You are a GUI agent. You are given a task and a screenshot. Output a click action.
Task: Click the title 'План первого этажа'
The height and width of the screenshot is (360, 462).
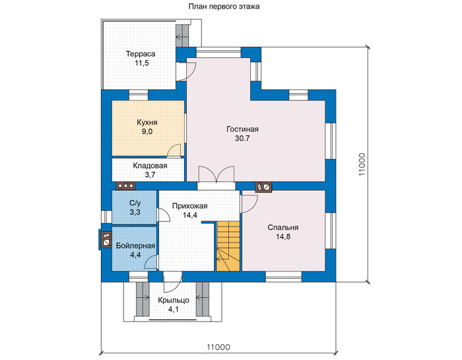tap(224, 7)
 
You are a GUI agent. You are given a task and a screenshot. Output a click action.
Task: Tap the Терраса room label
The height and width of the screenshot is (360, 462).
tap(141, 54)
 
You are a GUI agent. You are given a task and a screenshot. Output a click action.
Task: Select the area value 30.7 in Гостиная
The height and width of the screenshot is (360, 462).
tap(242, 138)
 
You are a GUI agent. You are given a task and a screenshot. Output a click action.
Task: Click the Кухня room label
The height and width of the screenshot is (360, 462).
tap(147, 122)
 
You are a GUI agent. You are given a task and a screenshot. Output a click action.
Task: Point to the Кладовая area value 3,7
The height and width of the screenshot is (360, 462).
tap(150, 175)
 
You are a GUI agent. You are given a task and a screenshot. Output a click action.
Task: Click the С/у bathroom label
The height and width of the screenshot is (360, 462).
tap(135, 203)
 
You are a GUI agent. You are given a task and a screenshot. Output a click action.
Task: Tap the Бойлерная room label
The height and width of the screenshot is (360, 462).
tap(135, 246)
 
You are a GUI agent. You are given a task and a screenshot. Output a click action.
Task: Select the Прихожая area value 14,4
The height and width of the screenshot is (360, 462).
tap(190, 215)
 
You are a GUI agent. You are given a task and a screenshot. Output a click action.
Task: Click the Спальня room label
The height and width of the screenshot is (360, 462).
tap(283, 228)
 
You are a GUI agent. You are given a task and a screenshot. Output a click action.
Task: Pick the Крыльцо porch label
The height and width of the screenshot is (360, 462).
tap(174, 301)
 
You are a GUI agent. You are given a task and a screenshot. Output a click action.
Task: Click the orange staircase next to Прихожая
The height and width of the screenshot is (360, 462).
tap(228, 246)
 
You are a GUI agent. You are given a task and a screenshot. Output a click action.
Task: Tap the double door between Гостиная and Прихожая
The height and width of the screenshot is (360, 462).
tap(216, 174)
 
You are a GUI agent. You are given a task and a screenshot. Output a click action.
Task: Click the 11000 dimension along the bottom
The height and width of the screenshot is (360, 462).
tap(218, 347)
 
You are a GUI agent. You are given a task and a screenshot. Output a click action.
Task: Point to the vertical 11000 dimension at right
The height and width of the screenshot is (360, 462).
tap(362, 164)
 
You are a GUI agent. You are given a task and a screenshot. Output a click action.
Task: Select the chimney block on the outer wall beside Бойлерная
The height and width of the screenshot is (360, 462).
tap(106, 239)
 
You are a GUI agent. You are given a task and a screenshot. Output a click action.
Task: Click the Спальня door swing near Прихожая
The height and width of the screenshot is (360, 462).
tap(249, 204)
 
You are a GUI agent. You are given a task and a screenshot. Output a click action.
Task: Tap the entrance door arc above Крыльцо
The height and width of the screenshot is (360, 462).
tap(173, 283)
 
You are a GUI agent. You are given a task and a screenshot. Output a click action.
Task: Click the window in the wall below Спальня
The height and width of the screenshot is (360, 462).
tap(284, 277)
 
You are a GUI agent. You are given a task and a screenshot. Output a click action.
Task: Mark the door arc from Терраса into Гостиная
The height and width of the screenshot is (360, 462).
tap(187, 71)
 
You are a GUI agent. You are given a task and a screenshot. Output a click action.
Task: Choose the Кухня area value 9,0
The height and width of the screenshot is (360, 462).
tap(147, 132)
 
